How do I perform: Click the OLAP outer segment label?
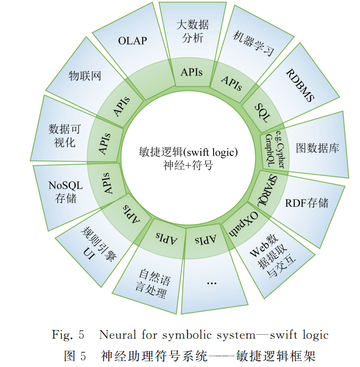point(132,40)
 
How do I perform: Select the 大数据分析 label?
point(192,31)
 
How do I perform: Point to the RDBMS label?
point(300,84)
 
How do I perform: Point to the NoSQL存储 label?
point(65,192)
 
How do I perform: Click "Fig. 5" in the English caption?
point(68,335)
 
